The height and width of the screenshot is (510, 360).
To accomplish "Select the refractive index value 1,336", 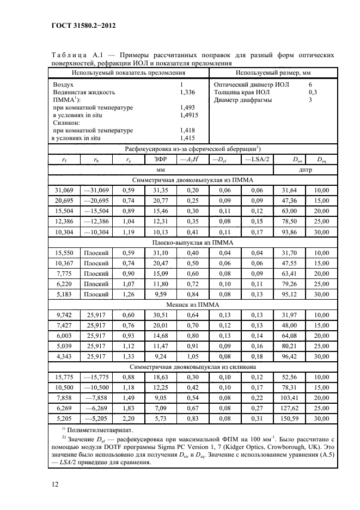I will point(187,93).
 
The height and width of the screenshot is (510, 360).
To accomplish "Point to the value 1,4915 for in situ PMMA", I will point(189,116).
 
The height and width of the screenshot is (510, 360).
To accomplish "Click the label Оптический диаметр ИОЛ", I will point(252,85).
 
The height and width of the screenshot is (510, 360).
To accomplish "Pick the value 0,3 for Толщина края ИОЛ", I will point(313,93).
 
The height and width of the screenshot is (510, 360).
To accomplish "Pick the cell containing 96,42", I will point(290,356).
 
